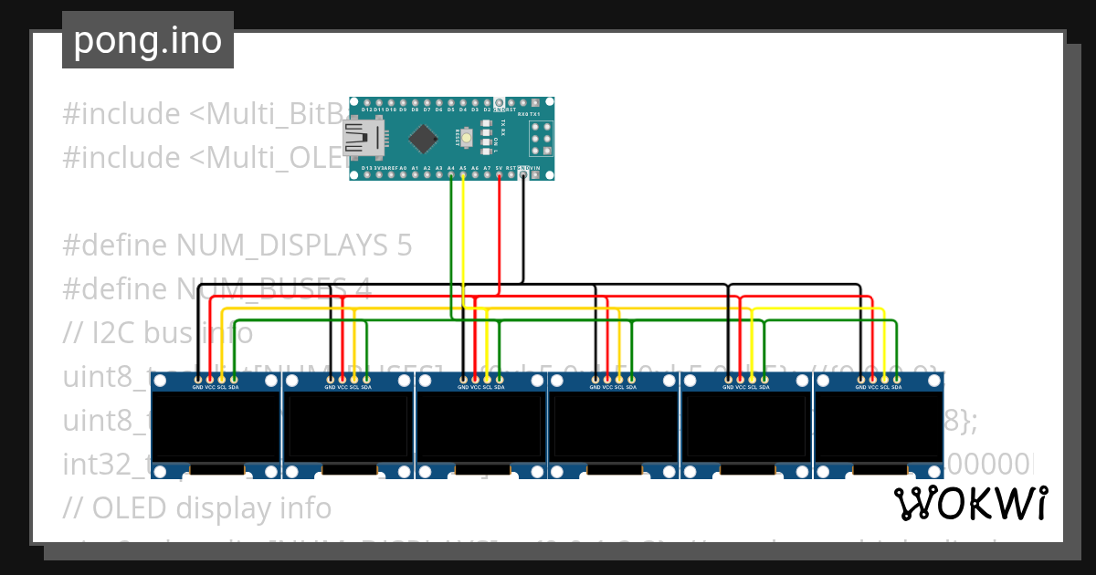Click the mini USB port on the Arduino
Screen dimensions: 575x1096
click(360, 138)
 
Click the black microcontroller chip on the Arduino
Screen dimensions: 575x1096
click(423, 139)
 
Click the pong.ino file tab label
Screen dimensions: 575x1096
click(147, 40)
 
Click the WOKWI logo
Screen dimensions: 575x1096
click(970, 503)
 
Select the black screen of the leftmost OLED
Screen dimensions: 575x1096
click(216, 426)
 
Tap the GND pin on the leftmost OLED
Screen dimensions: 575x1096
click(198, 378)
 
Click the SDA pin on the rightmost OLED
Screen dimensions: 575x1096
click(897, 378)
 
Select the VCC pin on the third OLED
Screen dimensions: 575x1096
click(476, 378)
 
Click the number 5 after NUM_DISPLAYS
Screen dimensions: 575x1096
click(404, 246)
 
